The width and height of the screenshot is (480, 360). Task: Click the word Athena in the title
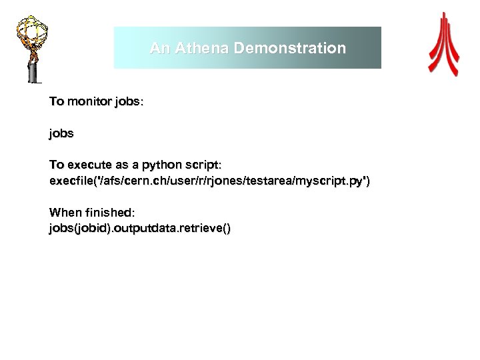click(197, 49)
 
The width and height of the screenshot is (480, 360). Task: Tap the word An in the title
click(159, 49)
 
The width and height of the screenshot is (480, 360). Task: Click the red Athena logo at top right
click(443, 43)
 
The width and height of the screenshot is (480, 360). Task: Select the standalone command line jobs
click(61, 133)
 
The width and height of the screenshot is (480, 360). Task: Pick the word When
click(63, 212)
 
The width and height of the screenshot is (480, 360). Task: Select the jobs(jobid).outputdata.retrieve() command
click(140, 229)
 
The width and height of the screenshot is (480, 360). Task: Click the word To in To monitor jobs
click(57, 102)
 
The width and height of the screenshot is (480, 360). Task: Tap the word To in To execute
click(57, 164)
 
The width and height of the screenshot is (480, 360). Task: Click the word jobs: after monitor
click(129, 102)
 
